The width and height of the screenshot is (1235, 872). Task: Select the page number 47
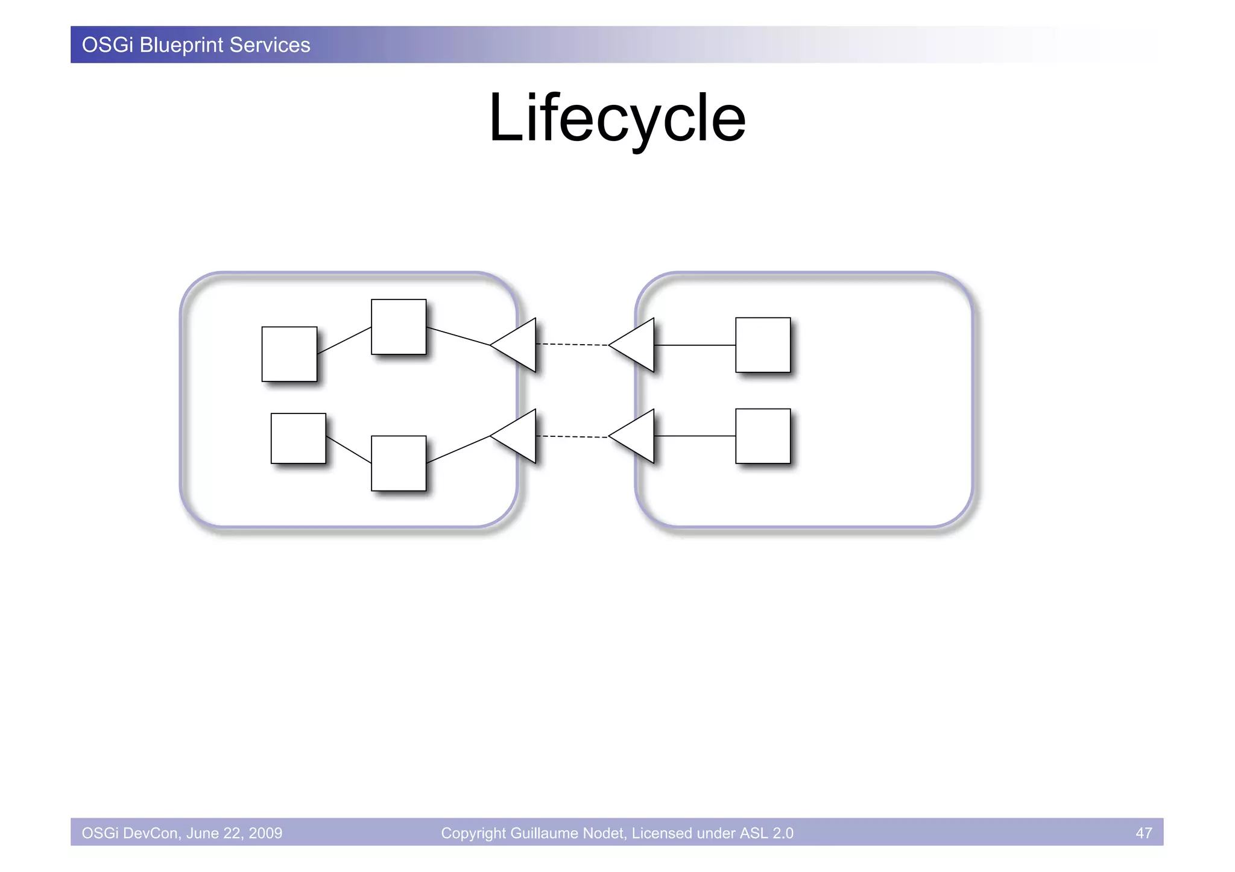(1143, 833)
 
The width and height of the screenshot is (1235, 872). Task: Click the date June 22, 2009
(234, 833)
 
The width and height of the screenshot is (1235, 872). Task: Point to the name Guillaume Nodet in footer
(568, 833)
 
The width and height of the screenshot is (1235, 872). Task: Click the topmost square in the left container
(399, 327)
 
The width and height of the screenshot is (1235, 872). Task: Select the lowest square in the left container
(399, 463)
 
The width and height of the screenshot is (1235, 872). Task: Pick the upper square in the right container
(763, 345)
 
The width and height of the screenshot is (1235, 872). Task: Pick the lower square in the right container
(763, 436)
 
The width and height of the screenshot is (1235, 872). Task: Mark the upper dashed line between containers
(572, 345)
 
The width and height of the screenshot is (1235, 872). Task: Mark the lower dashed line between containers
(572, 436)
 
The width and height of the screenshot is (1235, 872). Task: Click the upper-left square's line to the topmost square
(344, 340)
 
